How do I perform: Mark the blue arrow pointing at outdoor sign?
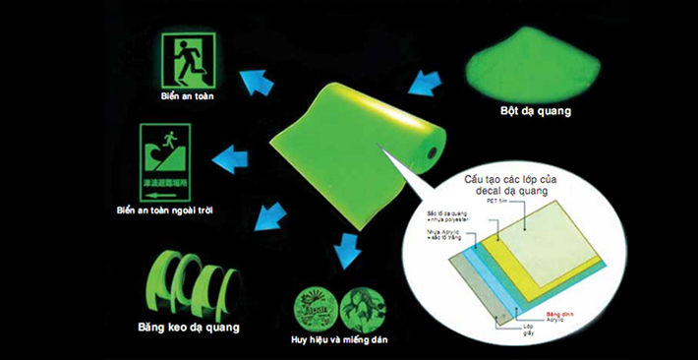234,158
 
